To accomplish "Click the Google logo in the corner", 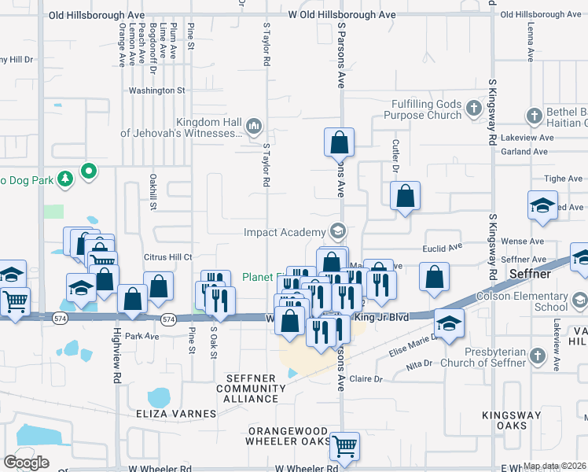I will [27, 462].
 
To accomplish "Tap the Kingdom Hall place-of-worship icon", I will [254, 125].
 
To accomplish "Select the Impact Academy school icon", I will [338, 231].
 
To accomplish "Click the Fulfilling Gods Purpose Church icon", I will [474, 106].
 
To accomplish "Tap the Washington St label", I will [156, 90].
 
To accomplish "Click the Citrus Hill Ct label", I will [168, 257].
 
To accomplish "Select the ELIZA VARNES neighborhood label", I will [178, 414].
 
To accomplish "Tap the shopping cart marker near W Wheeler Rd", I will [344, 446].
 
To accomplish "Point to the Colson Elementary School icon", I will [579, 301].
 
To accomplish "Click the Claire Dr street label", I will [366, 378].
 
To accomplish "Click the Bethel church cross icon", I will [533, 116].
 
